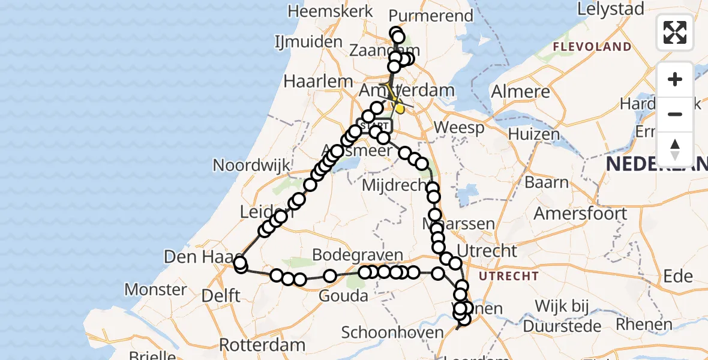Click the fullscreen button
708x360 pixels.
(x=675, y=32)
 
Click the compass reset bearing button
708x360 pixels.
(x=675, y=149)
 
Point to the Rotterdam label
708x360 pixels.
(x=262, y=345)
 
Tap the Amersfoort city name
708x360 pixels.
(x=580, y=213)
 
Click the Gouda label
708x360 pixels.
(x=344, y=296)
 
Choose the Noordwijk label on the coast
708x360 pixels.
(x=251, y=165)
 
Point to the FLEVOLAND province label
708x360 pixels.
(x=592, y=47)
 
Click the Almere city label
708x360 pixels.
(x=520, y=92)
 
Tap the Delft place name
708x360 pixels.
(x=222, y=295)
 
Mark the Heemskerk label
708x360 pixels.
(x=323, y=11)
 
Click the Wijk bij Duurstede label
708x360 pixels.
(x=562, y=316)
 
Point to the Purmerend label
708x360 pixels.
(x=431, y=16)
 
